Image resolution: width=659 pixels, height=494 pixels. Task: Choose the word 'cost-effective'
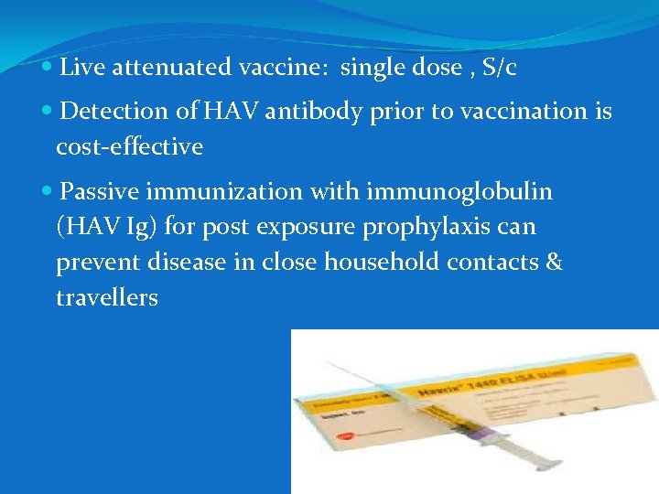pos(129,146)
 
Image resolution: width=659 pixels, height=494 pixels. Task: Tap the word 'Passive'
pos(101,192)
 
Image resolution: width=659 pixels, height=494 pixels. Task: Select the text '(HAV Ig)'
pos(107,227)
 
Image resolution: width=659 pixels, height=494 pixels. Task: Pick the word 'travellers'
pos(107,297)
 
